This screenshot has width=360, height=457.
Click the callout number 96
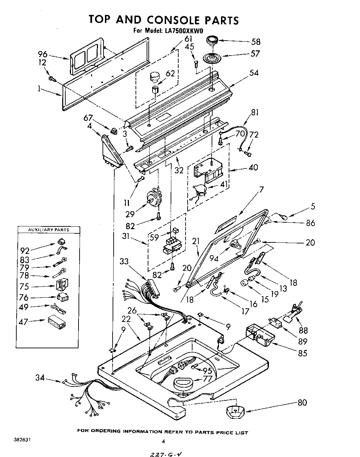click(42, 54)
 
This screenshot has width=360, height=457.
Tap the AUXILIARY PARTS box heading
click(48, 230)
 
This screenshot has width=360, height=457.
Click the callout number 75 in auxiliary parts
click(25, 287)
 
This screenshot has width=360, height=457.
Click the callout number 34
click(40, 377)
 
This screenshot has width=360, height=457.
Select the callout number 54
click(254, 73)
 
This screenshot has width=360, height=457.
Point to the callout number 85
click(303, 353)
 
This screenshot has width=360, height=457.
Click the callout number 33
click(124, 261)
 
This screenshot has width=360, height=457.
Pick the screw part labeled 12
click(52, 79)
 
